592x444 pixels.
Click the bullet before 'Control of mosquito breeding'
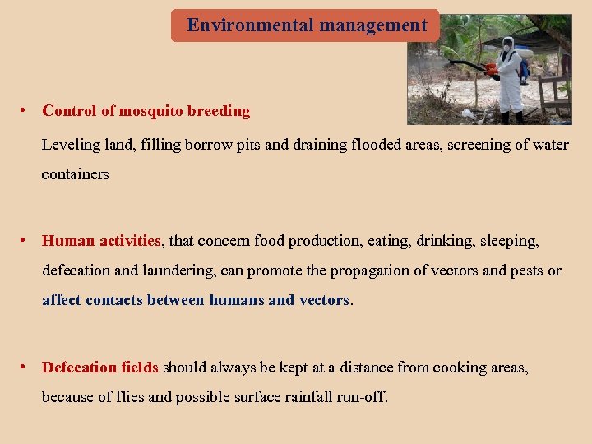(26, 110)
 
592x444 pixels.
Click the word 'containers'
(75, 174)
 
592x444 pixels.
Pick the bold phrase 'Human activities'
(101, 241)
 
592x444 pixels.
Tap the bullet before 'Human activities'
(26, 241)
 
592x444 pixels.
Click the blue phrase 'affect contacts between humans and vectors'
(196, 300)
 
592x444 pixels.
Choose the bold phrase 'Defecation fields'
(100, 368)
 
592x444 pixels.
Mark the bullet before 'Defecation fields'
(26, 368)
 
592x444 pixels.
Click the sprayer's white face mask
(507, 46)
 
